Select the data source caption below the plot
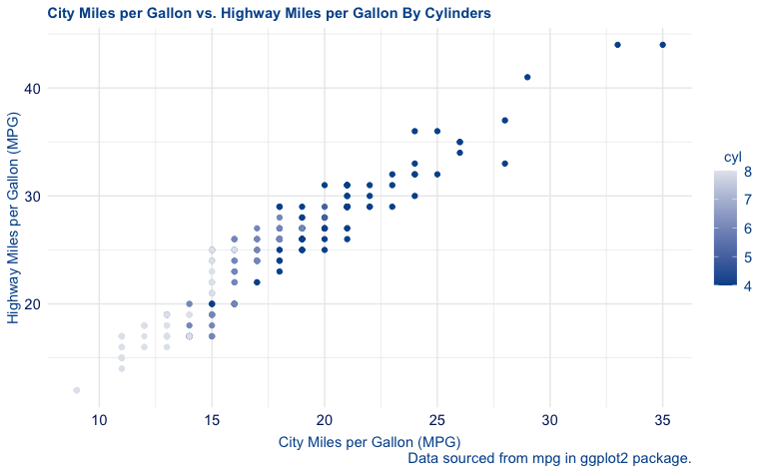point(550,458)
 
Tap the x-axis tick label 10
point(99,421)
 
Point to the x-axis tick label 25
point(437,421)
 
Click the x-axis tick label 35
point(662,421)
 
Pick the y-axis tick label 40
point(32,88)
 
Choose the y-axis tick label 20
point(32,303)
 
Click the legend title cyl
point(733,158)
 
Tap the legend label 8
point(748,172)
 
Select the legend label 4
point(748,285)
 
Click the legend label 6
point(748,229)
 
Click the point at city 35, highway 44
point(662,45)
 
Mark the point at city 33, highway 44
point(617,45)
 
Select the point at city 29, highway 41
point(527,77)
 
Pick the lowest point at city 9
point(77,390)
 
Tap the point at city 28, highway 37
point(505,121)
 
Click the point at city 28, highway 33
point(505,164)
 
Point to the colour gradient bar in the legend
point(726,229)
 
